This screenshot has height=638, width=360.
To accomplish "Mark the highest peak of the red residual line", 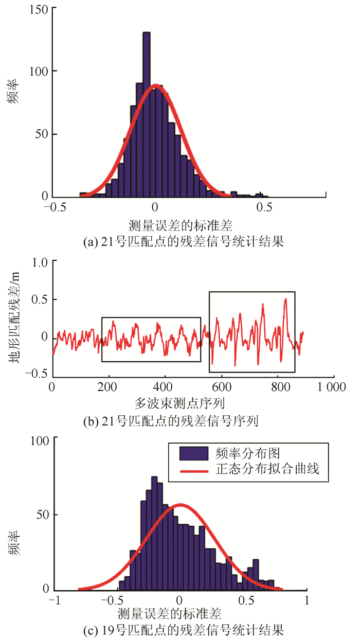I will point(285,299).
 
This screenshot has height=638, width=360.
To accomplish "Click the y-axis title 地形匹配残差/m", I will point(16,317).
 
